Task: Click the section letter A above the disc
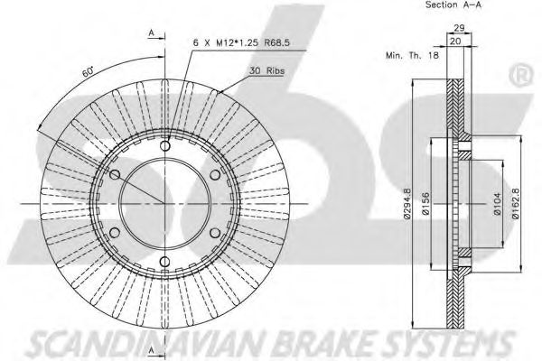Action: (x=151, y=32)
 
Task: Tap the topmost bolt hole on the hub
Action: (x=166, y=146)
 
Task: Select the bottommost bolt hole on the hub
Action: (x=166, y=265)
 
